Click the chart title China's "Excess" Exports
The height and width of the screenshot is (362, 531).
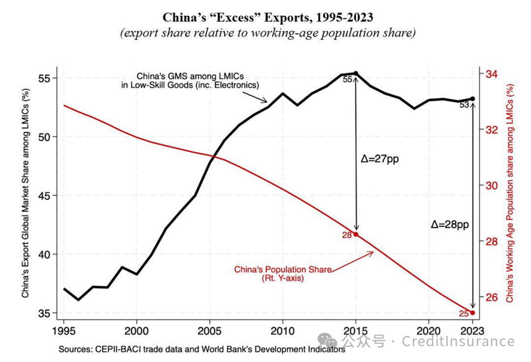(x=268, y=18)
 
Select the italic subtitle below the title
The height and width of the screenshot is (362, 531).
(x=268, y=33)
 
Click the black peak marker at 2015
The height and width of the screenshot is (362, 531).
(x=356, y=73)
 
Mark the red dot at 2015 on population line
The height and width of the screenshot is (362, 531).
(x=356, y=235)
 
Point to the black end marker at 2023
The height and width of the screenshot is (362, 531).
(x=472, y=99)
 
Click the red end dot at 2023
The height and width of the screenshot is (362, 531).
(x=472, y=313)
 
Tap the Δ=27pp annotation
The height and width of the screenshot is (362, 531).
(x=379, y=159)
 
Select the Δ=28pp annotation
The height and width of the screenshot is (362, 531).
(x=449, y=224)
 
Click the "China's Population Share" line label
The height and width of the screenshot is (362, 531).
(x=282, y=273)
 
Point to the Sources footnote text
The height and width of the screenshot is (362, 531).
(x=202, y=350)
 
